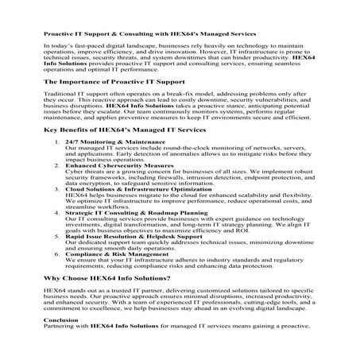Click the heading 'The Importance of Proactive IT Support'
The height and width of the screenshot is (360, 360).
tap(114, 81)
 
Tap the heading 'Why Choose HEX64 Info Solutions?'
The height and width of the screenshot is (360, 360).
tap(107, 279)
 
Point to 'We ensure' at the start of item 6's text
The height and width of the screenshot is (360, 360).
tap(79, 260)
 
